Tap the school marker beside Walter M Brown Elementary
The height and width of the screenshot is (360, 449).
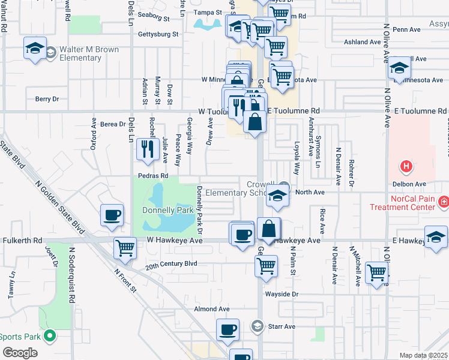coord(35,48)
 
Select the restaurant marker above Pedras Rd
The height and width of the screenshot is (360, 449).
coord(146,150)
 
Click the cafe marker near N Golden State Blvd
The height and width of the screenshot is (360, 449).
coord(112,216)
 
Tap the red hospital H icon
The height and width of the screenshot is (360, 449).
coord(406,166)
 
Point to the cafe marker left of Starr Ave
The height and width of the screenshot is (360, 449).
coord(228,330)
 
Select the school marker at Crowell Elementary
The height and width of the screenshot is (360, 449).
coord(277,197)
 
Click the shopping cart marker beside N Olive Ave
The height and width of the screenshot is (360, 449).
coord(377,273)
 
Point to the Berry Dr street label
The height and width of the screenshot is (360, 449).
coord(47,99)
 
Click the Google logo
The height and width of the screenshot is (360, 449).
coord(20,353)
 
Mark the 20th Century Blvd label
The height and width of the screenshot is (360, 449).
coord(172,263)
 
